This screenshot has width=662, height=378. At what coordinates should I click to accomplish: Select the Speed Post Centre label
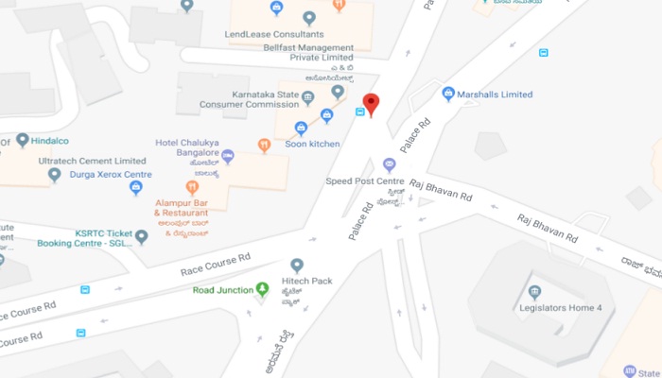pos(365,180)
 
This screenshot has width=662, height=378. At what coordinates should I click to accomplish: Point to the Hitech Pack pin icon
pos(297,266)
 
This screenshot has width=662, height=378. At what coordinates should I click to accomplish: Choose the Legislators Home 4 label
pos(561,307)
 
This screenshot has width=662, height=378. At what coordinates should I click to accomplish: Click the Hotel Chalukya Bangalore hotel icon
pos(228,157)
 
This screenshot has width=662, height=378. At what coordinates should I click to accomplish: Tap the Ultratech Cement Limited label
pos(92,162)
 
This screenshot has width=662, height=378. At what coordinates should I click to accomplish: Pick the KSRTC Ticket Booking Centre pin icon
pos(142,237)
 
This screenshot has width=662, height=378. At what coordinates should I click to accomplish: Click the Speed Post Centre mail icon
pos(389,165)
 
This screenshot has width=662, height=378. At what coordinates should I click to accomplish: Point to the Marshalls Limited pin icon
pos(448,94)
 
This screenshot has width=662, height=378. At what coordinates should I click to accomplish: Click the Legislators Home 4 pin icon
pos(534,291)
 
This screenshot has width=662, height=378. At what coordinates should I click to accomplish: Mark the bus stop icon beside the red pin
pos(359,112)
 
